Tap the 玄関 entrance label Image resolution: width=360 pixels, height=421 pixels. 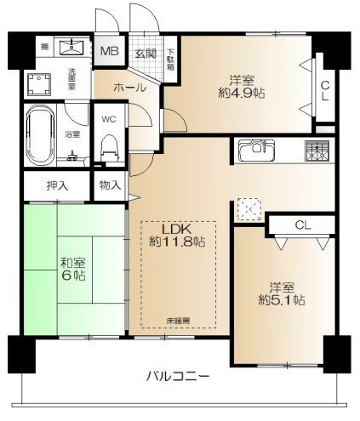pos(144,53)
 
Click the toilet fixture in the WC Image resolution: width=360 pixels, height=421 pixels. pos(108,150)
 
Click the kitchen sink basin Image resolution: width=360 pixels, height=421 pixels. pos(253,151)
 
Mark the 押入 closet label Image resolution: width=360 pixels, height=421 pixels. pos(53,185)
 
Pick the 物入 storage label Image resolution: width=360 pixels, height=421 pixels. pos(111,185)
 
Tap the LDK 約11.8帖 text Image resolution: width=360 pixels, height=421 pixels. pos(178,236)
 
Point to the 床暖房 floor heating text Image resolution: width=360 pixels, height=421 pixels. pos(178,321)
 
